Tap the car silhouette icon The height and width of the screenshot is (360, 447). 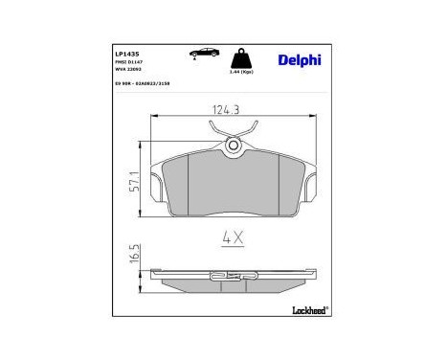coord(203,53)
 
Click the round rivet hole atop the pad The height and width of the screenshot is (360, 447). coord(233,145)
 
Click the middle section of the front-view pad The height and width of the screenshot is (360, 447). coord(233,187)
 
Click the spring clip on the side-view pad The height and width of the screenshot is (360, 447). coord(233,279)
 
